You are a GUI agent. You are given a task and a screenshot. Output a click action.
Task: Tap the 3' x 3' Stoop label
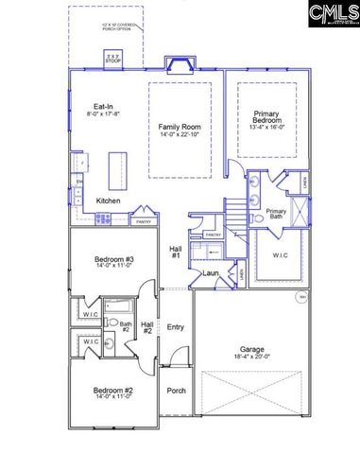113,59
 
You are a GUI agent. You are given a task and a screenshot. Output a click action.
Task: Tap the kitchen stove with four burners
102,218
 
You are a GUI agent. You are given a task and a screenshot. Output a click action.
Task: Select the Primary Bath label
276,215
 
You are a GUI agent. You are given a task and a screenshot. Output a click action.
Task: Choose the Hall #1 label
176,252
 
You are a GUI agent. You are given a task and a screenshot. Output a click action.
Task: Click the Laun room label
211,273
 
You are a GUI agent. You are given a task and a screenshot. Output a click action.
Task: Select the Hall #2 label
148,327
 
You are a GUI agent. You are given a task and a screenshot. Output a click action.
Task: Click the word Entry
176,327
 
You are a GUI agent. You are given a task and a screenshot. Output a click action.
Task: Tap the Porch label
176,391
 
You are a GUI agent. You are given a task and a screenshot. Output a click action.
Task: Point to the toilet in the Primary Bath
257,217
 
